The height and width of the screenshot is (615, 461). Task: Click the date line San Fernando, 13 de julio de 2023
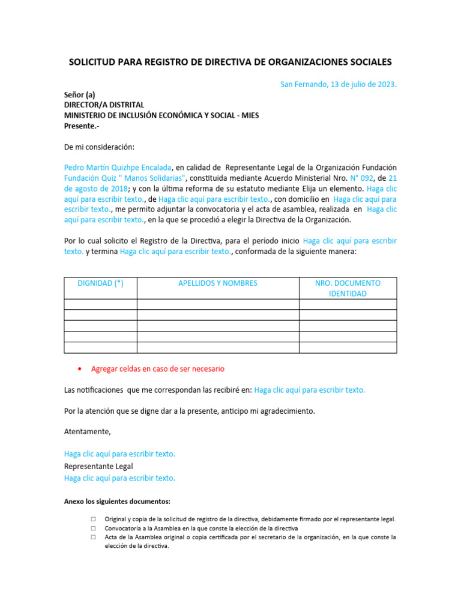[x=339, y=84]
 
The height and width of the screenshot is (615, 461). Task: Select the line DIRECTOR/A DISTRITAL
[x=104, y=105]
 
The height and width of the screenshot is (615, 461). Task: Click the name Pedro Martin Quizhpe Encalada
[x=118, y=167]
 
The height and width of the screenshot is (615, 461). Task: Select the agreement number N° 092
[x=363, y=178]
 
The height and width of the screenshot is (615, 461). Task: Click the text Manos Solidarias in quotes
[x=151, y=178]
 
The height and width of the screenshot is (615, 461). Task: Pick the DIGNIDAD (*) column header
[x=101, y=283]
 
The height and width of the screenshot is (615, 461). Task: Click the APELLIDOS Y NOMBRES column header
[x=218, y=283]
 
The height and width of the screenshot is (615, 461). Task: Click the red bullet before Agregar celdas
[x=80, y=369]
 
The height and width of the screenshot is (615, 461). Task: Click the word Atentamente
[x=88, y=432]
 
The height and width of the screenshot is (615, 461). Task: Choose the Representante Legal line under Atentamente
[x=98, y=466]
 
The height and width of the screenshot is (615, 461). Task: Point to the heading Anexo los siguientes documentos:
[x=117, y=501]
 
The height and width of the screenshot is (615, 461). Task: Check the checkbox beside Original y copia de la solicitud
[x=94, y=519]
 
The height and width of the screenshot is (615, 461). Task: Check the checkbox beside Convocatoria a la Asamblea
[x=94, y=529]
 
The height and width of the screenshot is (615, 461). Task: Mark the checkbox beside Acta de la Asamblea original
[x=94, y=538]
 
